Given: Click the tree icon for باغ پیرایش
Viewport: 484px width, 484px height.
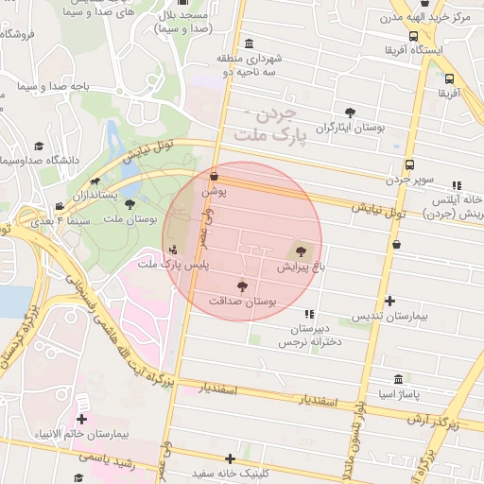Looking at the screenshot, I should (301, 251).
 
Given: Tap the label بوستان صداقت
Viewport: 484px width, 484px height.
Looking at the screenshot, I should (243, 301).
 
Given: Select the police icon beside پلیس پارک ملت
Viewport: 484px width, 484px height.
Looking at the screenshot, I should (172, 251).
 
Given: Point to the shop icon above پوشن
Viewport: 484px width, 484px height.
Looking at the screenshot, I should (214, 176).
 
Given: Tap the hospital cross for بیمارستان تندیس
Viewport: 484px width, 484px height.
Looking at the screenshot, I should (390, 301).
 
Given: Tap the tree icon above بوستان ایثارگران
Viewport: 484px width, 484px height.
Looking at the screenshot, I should (351, 112).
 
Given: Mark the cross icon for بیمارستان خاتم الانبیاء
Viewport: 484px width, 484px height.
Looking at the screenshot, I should (82, 419).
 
